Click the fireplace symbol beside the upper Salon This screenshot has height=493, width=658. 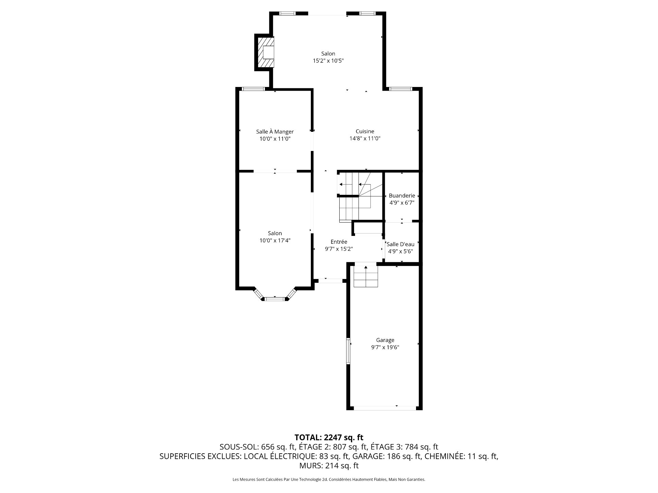(x=265, y=52)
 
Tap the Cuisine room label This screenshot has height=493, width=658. (x=365, y=131)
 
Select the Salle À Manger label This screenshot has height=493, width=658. (x=275, y=131)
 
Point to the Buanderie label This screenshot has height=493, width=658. (x=402, y=196)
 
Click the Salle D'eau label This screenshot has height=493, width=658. (x=401, y=244)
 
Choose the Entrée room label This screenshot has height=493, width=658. (x=339, y=242)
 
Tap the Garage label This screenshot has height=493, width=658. (x=385, y=340)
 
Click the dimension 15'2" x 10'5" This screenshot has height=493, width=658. (x=328, y=61)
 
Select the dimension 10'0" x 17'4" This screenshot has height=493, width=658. (x=275, y=241)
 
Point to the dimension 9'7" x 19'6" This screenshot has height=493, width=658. (x=385, y=347)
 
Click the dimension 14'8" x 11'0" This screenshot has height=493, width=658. (x=365, y=139)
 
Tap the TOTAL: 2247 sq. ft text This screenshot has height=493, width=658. (x=329, y=437)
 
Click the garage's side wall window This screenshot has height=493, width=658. (x=348, y=351)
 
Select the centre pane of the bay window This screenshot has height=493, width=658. (x=275, y=299)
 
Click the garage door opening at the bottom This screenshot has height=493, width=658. (x=385, y=408)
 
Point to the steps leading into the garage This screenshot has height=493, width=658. (x=366, y=276)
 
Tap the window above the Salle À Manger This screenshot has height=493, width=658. (x=254, y=89)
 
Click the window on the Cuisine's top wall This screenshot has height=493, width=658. (x=400, y=89)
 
